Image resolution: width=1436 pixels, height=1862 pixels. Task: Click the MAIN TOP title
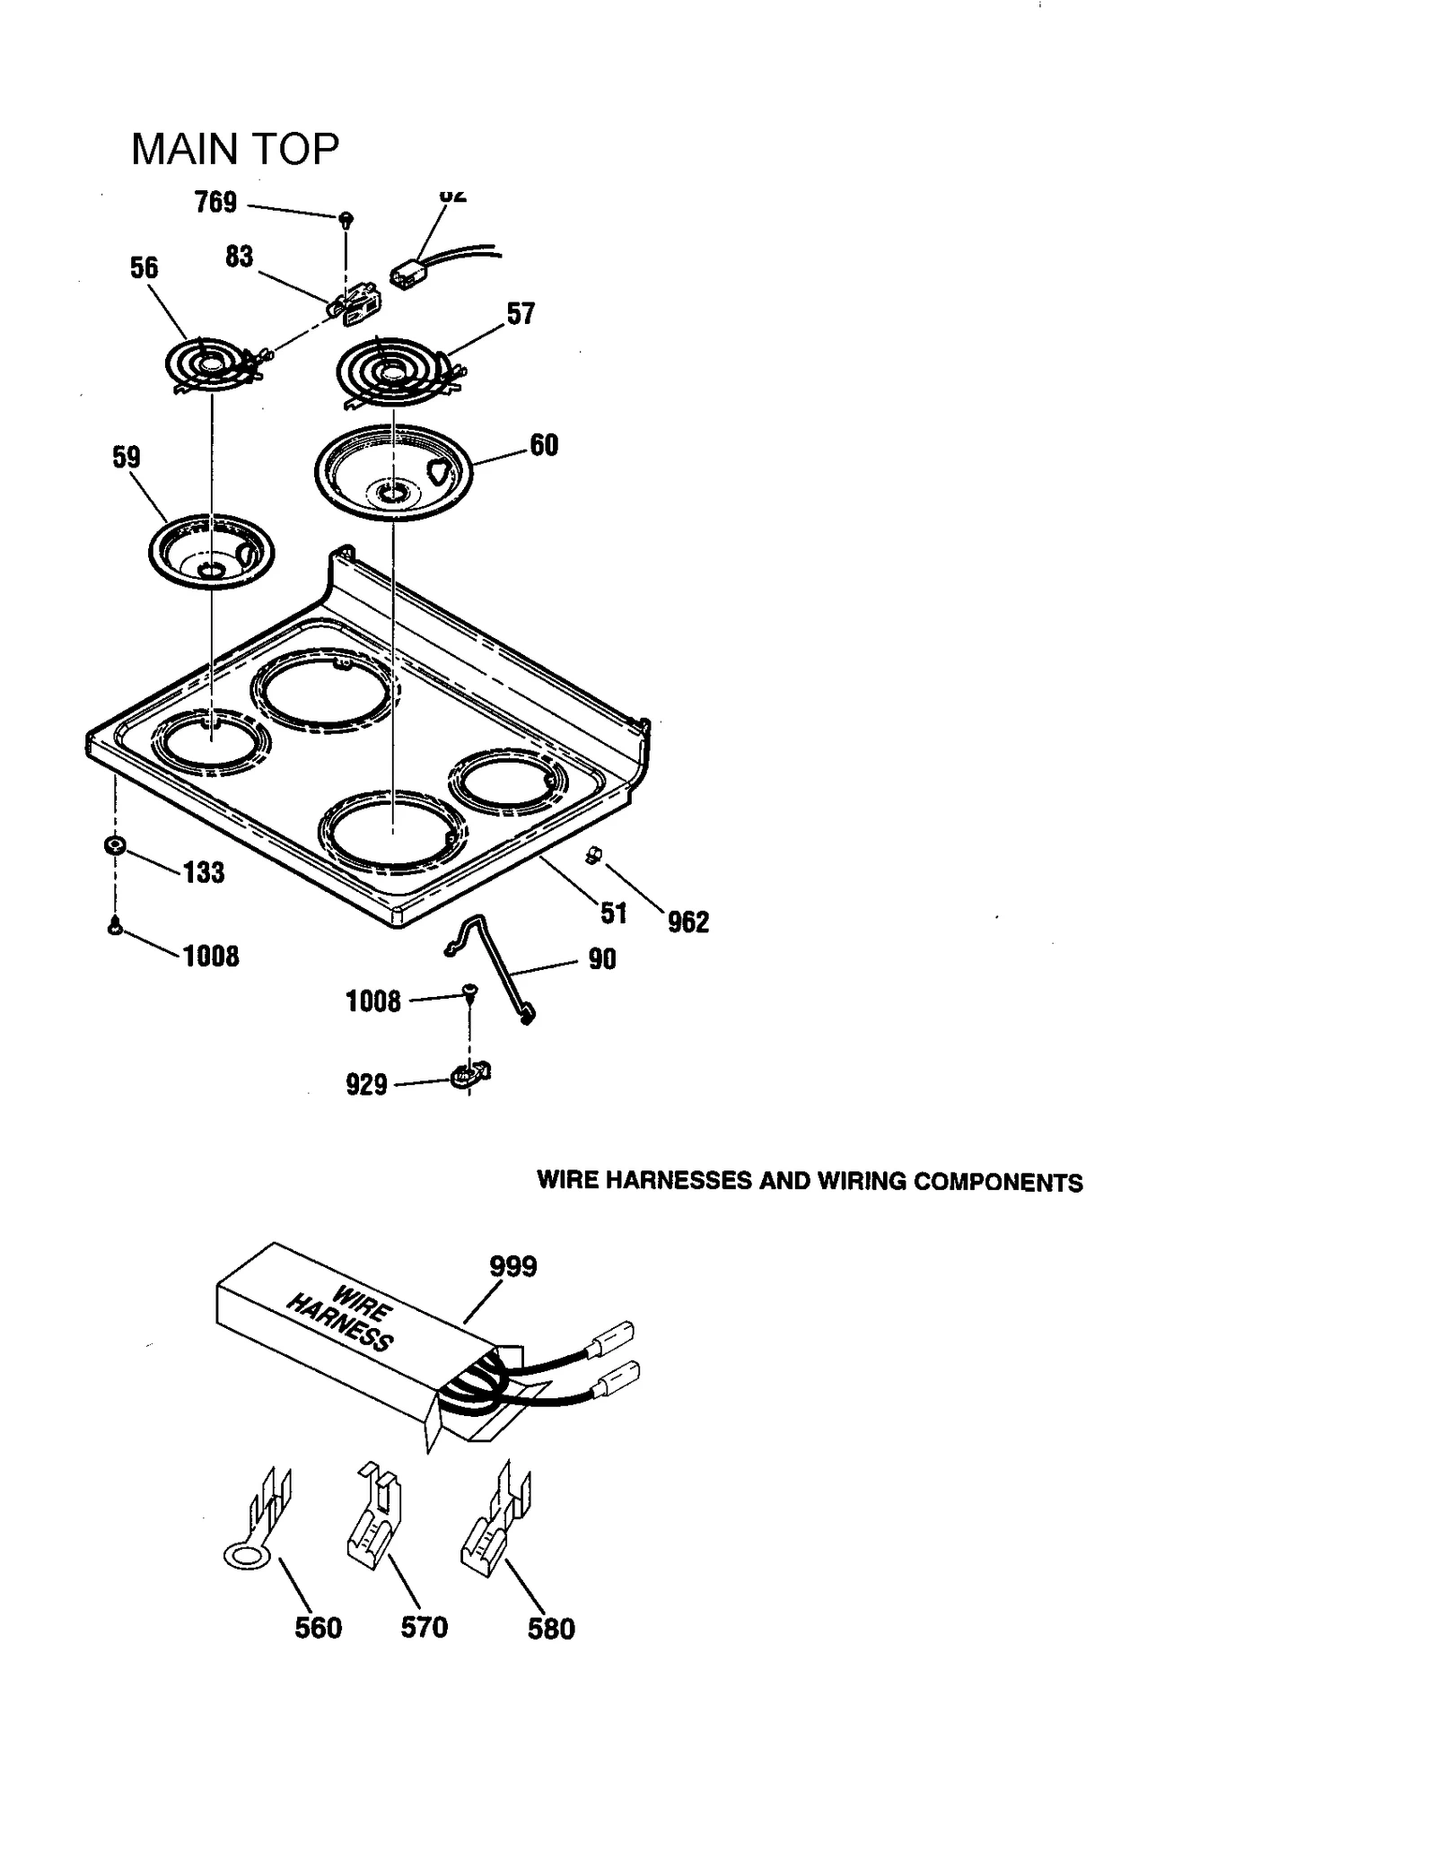(x=235, y=149)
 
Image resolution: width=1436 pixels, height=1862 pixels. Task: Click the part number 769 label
(x=215, y=203)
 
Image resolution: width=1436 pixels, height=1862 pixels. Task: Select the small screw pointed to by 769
(x=346, y=219)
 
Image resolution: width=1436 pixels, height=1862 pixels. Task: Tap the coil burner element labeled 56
(x=211, y=366)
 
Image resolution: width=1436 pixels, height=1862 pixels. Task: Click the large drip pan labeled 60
(x=393, y=472)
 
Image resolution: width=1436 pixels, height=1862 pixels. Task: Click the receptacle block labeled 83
(x=354, y=302)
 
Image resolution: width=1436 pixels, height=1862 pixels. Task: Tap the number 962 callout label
(x=687, y=922)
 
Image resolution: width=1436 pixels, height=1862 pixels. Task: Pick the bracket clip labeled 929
(x=469, y=1074)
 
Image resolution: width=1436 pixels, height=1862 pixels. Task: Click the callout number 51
(x=614, y=914)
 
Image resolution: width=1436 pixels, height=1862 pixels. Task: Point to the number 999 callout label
(x=512, y=1266)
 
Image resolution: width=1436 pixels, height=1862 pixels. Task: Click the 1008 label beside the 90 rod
(x=373, y=1001)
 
